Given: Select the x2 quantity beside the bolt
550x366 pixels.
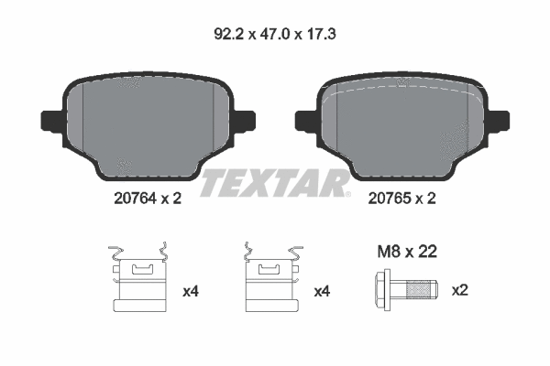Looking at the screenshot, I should (460, 291).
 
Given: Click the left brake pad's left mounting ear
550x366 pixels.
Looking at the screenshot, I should (49, 120).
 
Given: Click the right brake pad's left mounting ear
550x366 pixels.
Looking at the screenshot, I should (305, 120).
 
